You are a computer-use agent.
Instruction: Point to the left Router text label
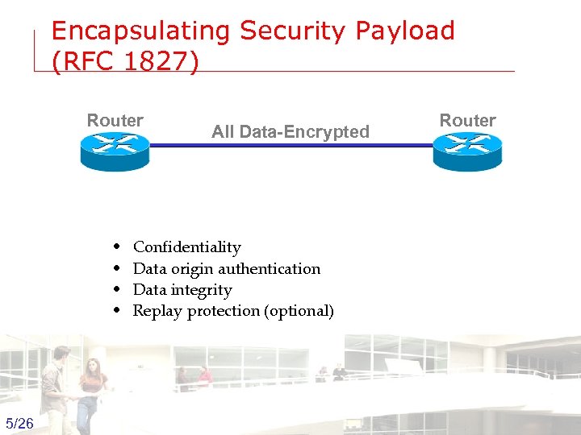pyautogui.click(x=115, y=121)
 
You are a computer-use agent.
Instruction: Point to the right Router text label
pyautogui.click(x=467, y=121)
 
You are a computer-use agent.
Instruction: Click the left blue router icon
pyautogui.click(x=115, y=151)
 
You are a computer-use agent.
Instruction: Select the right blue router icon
pyautogui.click(x=467, y=151)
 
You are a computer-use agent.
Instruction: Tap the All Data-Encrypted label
pyautogui.click(x=290, y=132)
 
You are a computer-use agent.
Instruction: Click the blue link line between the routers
pyautogui.click(x=290, y=146)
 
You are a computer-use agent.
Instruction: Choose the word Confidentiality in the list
pyautogui.click(x=186, y=247)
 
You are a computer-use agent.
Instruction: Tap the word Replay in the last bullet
pyautogui.click(x=157, y=311)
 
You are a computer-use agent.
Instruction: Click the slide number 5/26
pyautogui.click(x=19, y=424)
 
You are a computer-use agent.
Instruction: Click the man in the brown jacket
pyautogui.click(x=56, y=387)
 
